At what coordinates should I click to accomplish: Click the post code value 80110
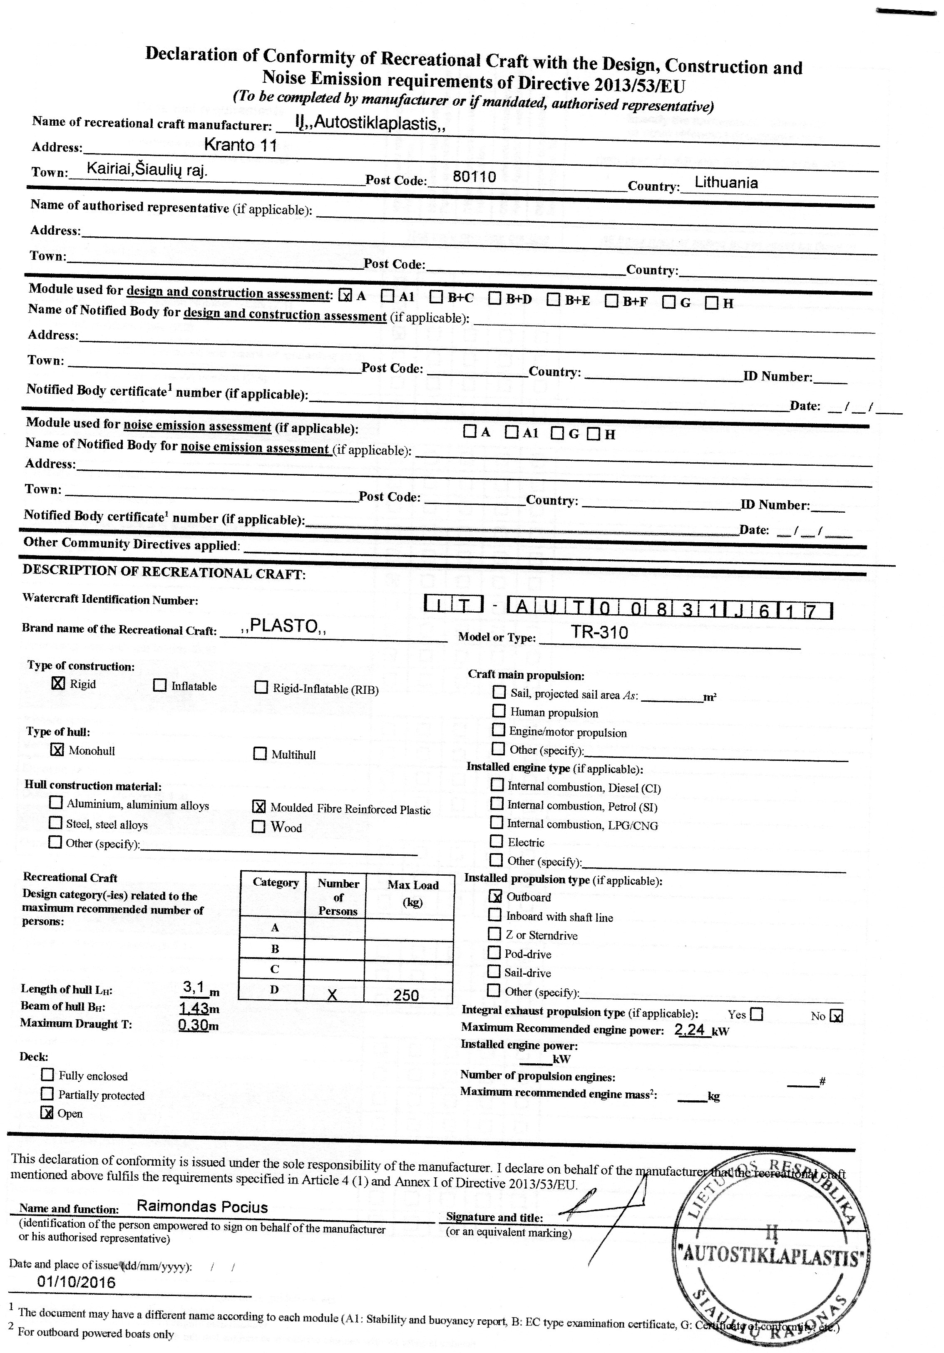coord(474,176)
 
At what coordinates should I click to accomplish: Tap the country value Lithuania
coord(726,182)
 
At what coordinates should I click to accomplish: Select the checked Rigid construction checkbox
coord(58,683)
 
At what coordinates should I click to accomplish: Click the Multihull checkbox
coord(260,754)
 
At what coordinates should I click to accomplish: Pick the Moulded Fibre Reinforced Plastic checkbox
coord(259,807)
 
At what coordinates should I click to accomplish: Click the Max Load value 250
coord(406,996)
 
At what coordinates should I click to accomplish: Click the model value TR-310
coord(599,633)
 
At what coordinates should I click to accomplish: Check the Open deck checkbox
coord(47,1113)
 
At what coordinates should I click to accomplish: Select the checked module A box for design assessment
coord(346,295)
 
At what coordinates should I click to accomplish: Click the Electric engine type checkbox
coord(497,842)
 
